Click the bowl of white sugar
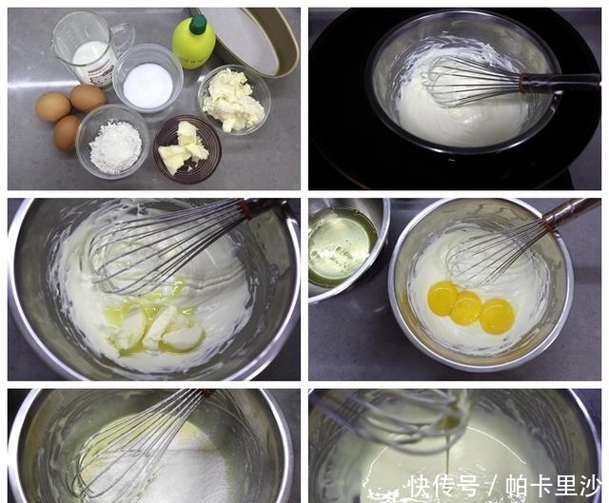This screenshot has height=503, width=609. (x=147, y=84)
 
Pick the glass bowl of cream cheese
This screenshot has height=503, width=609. (x=233, y=100)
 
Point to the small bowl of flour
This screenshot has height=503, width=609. (x=113, y=143)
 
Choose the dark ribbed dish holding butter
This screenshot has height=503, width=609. (x=187, y=147)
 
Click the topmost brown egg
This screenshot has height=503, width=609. (x=88, y=97)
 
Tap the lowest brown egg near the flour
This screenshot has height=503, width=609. (x=68, y=131)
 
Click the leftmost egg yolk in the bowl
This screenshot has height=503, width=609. (x=442, y=299)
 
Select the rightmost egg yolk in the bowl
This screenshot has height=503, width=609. (x=497, y=316)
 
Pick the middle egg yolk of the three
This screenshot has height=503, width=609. (x=467, y=307)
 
